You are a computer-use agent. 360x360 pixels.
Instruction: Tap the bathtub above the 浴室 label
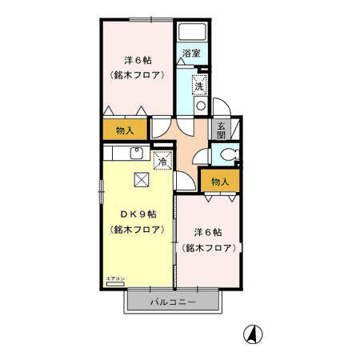pos(191,32)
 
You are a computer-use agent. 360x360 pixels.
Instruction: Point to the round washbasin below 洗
pos(200,104)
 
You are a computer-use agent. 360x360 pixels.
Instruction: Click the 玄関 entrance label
pos(218,129)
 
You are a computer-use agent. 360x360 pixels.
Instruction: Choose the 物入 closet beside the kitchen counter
pos(123,129)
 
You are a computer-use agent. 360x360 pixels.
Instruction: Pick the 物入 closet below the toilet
pos(219,181)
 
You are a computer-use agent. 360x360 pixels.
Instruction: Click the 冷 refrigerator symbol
pos(162,160)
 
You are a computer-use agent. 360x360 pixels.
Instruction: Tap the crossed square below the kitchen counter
pos(142,180)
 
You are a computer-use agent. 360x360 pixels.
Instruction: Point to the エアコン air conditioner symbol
pos(116,282)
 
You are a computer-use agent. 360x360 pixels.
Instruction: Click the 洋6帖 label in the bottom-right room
pos(207,233)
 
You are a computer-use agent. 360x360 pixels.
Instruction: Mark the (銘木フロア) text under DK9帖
pos(138,230)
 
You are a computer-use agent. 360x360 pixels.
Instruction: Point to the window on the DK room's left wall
pos(101,196)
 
